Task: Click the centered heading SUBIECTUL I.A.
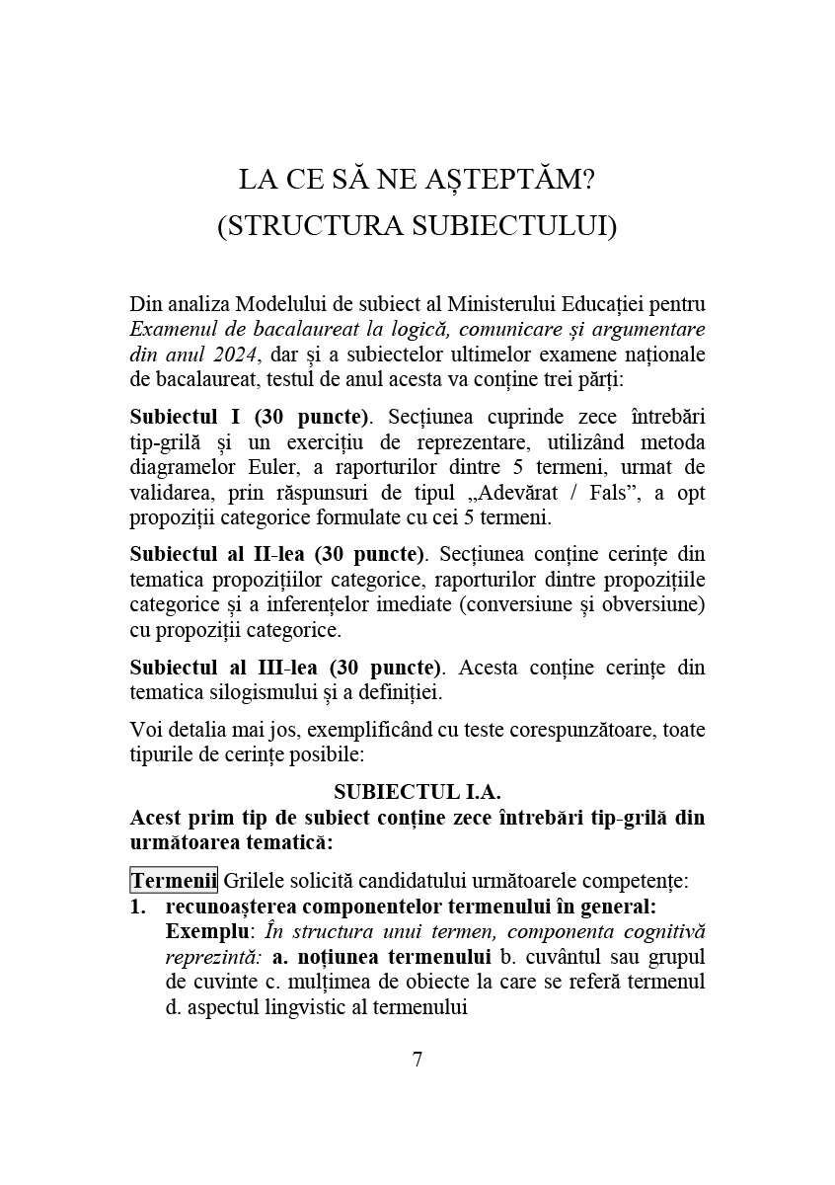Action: tap(417, 792)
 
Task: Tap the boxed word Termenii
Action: tap(174, 879)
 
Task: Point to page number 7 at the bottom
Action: tap(417, 1060)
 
